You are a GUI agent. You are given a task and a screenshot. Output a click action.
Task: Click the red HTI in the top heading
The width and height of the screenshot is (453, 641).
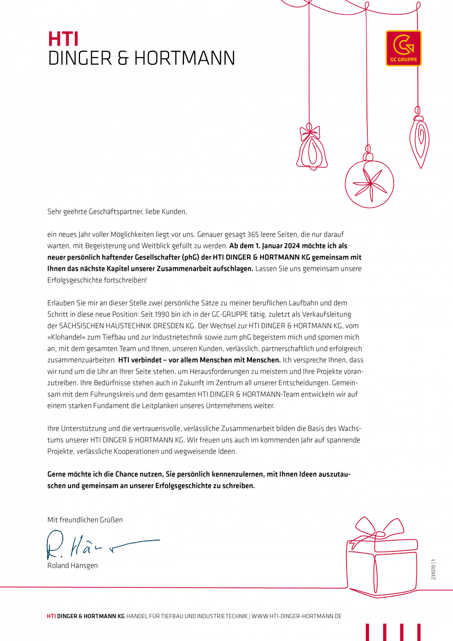(x=63, y=39)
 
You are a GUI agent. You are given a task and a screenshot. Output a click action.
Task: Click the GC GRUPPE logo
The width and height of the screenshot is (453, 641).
(x=403, y=48)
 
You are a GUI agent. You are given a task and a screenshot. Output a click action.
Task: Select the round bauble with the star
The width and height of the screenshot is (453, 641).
(x=369, y=184)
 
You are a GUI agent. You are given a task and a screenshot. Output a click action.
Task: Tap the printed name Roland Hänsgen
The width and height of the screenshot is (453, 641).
(x=72, y=565)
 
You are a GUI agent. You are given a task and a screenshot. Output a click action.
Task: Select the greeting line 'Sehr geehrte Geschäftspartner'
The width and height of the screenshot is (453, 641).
(x=117, y=212)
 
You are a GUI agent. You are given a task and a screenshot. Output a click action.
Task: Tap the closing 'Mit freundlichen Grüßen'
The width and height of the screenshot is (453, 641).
(x=85, y=520)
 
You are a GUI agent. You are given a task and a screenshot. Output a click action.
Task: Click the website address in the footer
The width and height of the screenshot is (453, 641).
(x=296, y=616)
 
